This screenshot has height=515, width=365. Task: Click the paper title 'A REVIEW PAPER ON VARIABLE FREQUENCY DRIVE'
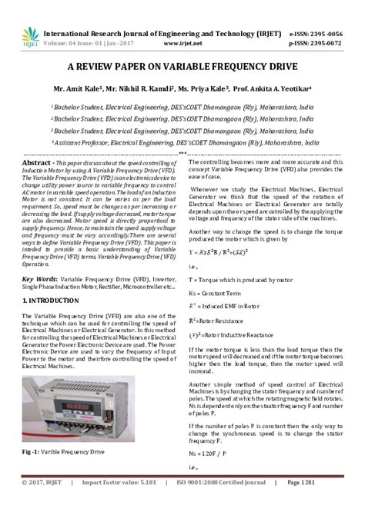point(182,68)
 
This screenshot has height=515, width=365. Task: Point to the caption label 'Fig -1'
point(35,452)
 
